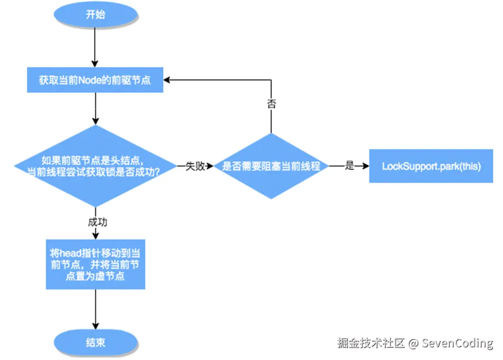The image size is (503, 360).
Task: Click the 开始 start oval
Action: [95, 15]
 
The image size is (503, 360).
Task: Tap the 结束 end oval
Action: [95, 342]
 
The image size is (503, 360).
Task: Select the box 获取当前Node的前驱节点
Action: [95, 80]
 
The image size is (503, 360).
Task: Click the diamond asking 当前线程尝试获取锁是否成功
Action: [95, 166]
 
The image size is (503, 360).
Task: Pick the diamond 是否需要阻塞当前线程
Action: [271, 166]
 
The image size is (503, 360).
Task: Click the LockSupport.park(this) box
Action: [431, 166]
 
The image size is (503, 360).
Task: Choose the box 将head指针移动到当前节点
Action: [95, 264]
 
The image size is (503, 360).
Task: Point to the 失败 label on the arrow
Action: [196, 166]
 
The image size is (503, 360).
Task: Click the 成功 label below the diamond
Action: [97, 223]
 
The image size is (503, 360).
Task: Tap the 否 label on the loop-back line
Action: [271, 103]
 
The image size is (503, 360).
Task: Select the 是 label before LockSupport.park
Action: [349, 166]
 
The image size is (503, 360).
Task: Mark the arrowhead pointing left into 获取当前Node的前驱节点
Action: [167, 80]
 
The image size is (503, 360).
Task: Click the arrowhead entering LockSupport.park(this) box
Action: [366, 166]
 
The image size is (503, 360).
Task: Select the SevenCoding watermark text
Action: [457, 343]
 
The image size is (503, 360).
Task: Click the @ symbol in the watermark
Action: [413, 343]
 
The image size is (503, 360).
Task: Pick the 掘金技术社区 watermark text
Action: [371, 343]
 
